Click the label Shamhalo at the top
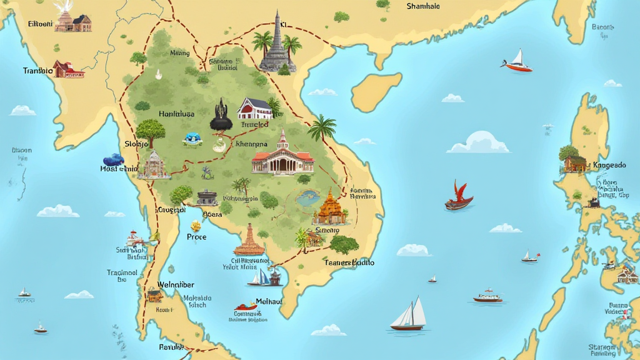coord(423,6)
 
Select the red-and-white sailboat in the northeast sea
coord(517,61)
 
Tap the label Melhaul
coord(269,301)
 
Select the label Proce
coord(196,237)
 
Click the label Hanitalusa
coord(177,114)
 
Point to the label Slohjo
coord(137,144)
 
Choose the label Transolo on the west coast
coord(38,71)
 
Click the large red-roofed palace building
coord(282,156)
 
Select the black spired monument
coord(221,116)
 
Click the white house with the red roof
coord(255,108)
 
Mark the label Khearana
coord(252,144)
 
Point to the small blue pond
coord(306,199)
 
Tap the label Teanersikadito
coord(349,262)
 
